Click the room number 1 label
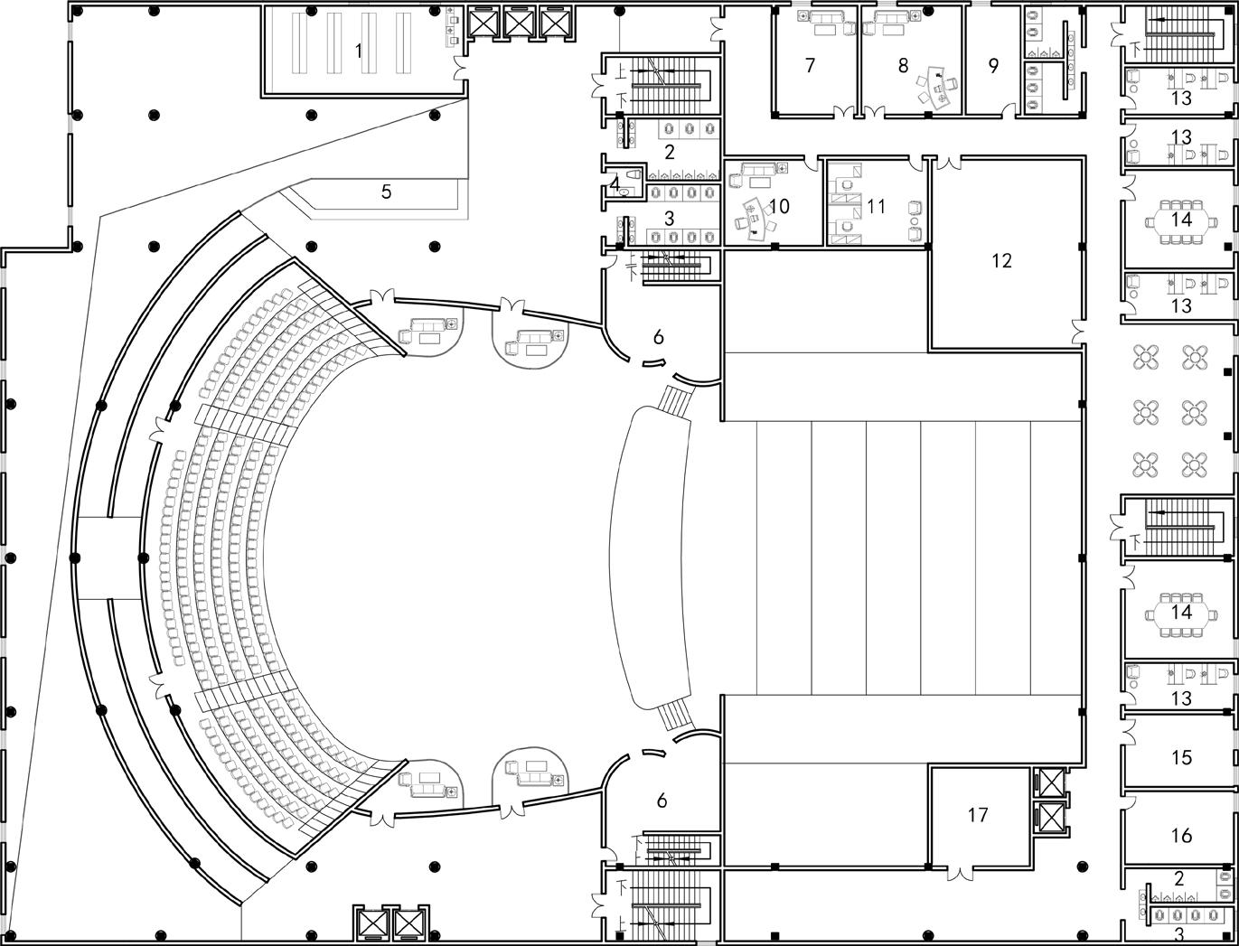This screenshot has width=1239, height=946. pyautogui.click(x=359, y=51)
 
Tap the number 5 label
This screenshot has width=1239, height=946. pyautogui.click(x=386, y=192)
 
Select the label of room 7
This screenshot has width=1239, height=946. pyautogui.click(x=810, y=65)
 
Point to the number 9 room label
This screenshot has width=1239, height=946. pyautogui.click(x=993, y=65)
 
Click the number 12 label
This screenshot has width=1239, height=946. pyautogui.click(x=1001, y=260)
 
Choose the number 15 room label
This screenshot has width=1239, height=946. pyautogui.click(x=1181, y=757)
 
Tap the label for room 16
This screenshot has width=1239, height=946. pyautogui.click(x=1181, y=836)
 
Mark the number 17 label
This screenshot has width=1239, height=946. pyautogui.click(x=978, y=815)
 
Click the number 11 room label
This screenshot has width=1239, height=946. pyautogui.click(x=876, y=206)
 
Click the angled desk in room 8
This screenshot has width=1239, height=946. pyautogui.click(x=943, y=91)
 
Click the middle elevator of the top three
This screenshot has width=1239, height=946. pyautogui.click(x=520, y=22)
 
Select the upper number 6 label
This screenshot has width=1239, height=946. pyautogui.click(x=658, y=337)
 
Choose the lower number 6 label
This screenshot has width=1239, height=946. pyautogui.click(x=662, y=800)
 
